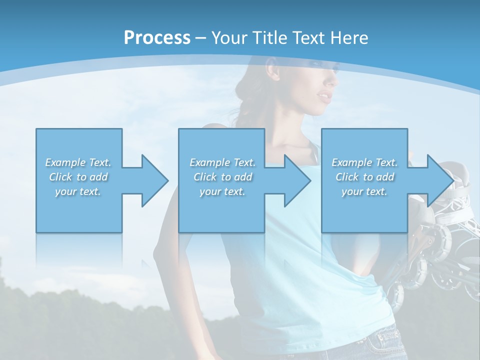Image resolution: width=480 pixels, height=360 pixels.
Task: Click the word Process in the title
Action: click(x=157, y=38)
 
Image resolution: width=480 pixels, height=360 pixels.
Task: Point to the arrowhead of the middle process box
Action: click(x=297, y=180)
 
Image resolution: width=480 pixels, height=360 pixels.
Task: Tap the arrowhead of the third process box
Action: click(x=439, y=180)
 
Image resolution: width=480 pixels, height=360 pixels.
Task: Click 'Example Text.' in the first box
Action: click(x=78, y=162)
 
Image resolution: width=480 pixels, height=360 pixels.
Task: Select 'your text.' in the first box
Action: click(x=78, y=191)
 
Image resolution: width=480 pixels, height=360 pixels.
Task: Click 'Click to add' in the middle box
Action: click(x=222, y=177)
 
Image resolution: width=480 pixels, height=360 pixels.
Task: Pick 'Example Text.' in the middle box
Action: click(x=222, y=162)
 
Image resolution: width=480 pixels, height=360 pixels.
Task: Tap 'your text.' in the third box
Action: click(x=364, y=191)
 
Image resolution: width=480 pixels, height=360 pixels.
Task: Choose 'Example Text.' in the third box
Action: click(x=364, y=162)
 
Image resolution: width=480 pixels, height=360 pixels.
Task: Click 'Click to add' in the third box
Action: click(x=364, y=177)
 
